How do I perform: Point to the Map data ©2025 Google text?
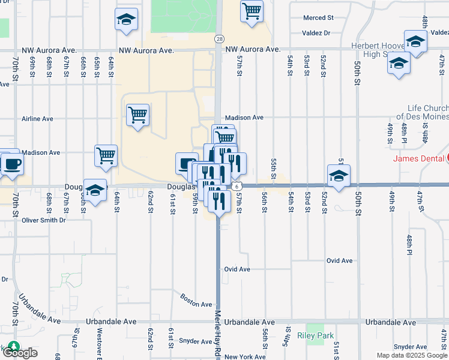coord(412,355)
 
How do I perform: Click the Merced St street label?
coord(318,18)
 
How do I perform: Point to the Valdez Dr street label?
coord(316,34)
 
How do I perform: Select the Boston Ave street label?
coord(196,304)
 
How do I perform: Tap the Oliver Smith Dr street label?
coord(43,220)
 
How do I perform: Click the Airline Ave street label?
coord(37,119)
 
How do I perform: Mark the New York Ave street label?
coord(245,356)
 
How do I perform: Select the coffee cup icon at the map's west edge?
coord(12,163)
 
